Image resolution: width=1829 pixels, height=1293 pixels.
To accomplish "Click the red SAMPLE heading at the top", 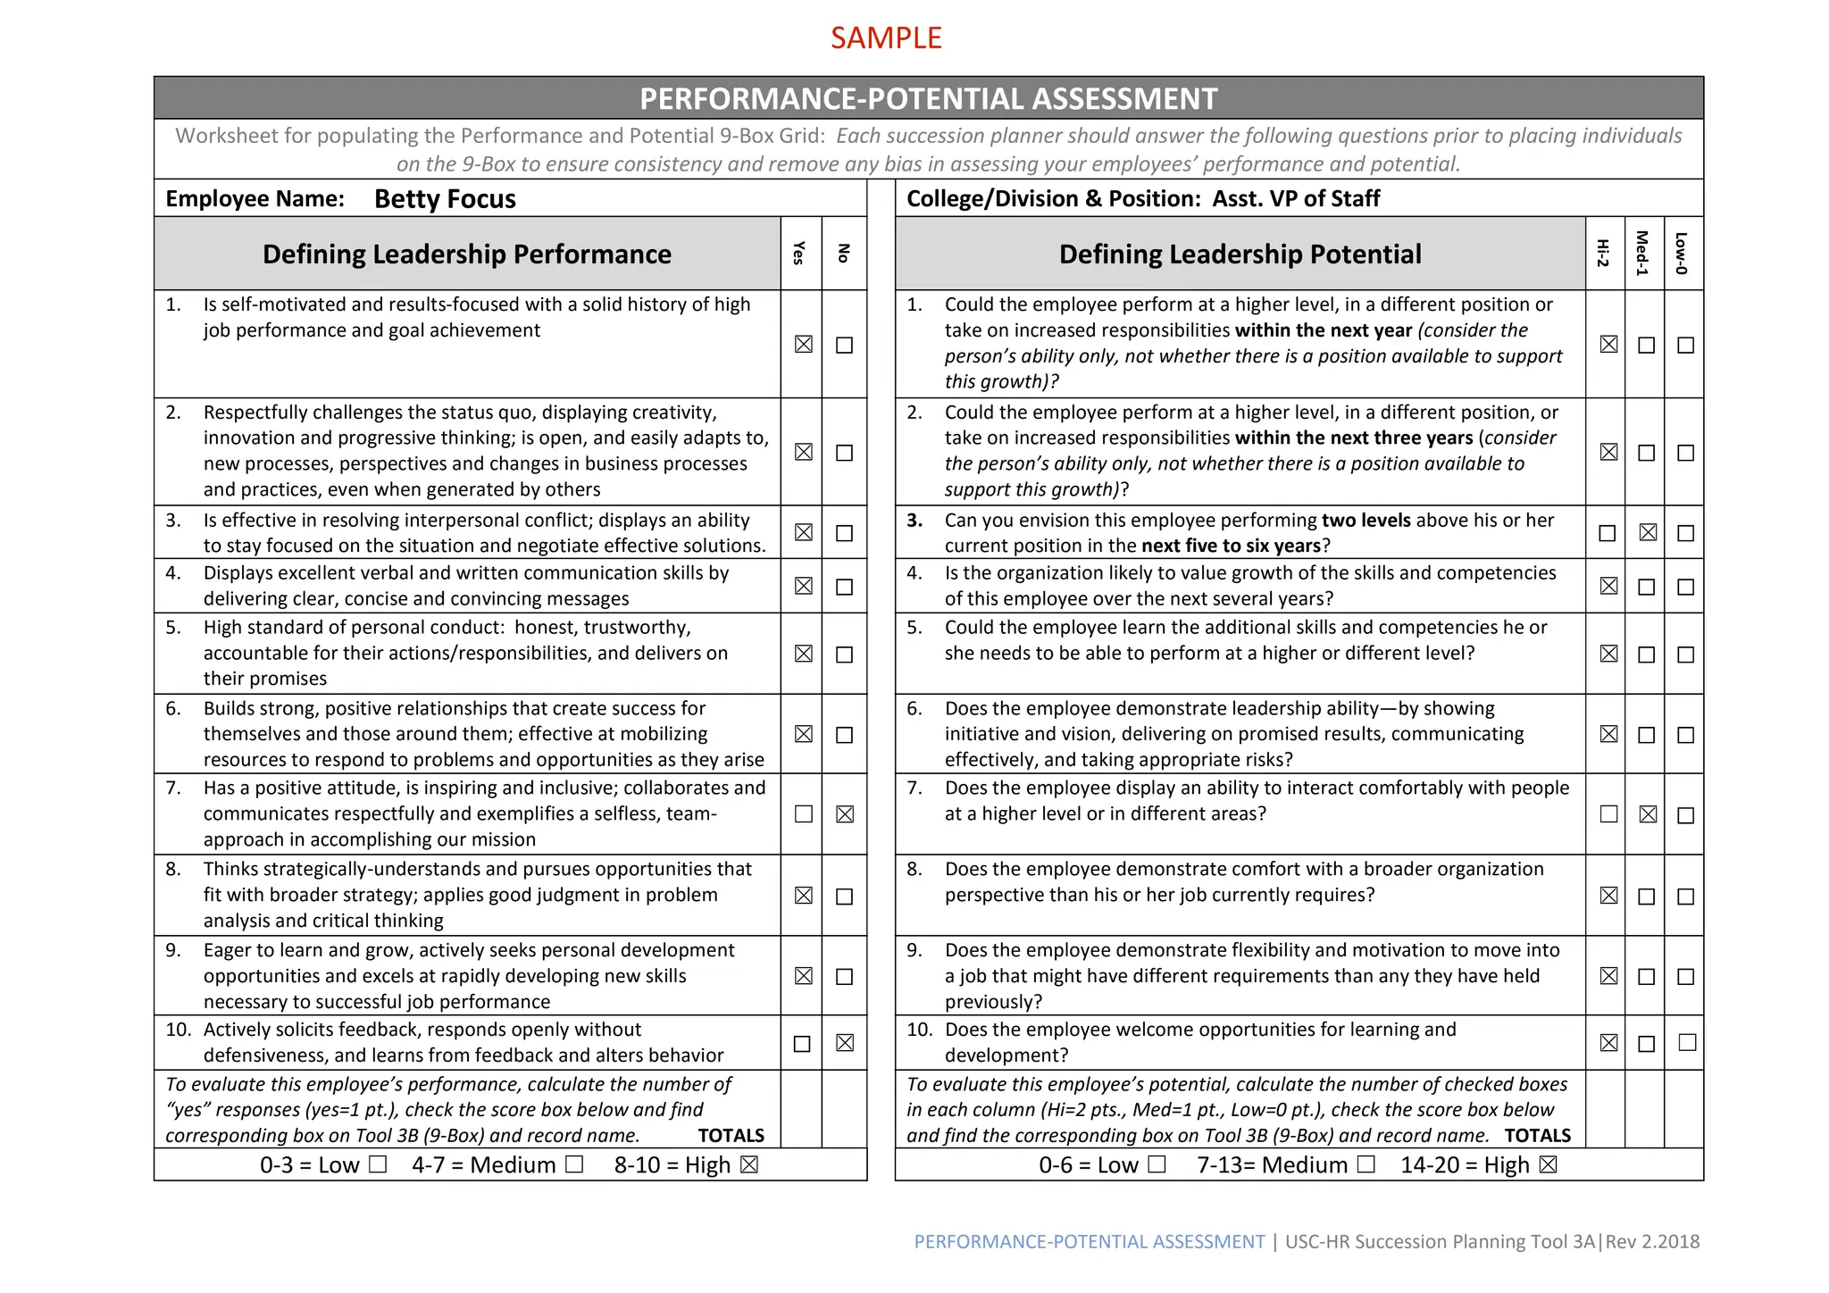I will click(x=886, y=38).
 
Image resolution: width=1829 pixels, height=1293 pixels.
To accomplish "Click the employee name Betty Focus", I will click(x=445, y=198).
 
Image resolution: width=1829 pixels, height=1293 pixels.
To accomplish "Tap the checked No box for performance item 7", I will click(x=845, y=814).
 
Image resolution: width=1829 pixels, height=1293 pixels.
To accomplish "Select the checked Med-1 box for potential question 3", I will click(x=1648, y=533).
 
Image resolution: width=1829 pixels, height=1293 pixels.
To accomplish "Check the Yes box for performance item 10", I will click(x=803, y=1044).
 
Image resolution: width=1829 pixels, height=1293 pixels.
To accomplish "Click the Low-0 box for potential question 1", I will click(x=1685, y=345).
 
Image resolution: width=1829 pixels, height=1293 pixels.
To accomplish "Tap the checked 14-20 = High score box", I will click(x=1549, y=1164).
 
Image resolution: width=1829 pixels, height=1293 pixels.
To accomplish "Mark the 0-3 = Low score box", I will click(x=378, y=1164).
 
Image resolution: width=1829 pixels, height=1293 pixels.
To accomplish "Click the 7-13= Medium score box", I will click(x=1365, y=1164).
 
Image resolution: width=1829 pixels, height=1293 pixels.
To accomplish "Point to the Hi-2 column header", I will click(x=1604, y=254).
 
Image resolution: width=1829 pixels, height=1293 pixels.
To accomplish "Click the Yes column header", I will click(x=800, y=254).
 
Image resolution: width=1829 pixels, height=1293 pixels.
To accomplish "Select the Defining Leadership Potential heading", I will click(x=1240, y=254).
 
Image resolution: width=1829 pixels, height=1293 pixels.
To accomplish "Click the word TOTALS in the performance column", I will click(x=731, y=1136).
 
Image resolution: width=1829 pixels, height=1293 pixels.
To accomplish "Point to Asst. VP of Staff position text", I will click(x=1295, y=198).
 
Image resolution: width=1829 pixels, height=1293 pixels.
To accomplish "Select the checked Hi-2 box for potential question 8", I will click(x=1608, y=896).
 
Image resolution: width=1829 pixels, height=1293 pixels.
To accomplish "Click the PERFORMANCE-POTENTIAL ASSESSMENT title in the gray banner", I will click(x=928, y=98).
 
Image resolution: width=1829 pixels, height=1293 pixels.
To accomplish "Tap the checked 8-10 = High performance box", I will click(x=749, y=1164).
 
